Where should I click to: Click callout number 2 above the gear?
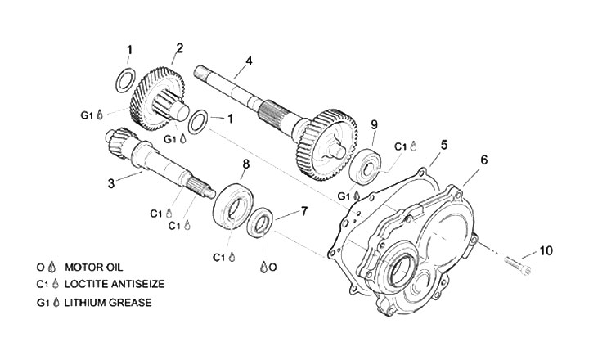(x=179, y=47)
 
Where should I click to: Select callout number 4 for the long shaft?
(x=249, y=61)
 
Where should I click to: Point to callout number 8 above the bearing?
(x=245, y=164)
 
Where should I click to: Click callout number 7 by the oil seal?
(x=303, y=211)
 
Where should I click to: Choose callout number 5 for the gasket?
(x=443, y=145)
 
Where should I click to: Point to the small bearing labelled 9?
(x=364, y=166)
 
